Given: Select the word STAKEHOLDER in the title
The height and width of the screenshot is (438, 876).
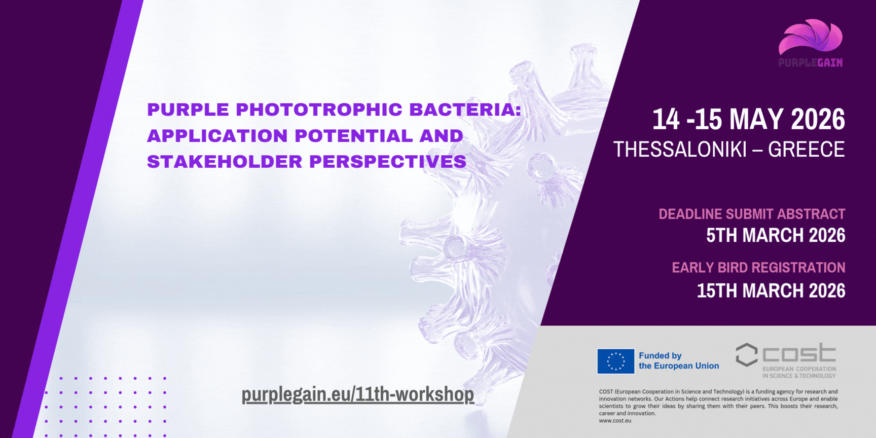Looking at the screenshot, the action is point(225,162).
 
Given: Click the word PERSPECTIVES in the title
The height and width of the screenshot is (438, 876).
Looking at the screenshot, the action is point(388,162).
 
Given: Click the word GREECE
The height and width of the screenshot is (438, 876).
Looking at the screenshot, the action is point(807,150).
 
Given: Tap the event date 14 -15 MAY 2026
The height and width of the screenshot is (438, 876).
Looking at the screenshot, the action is point(749,119).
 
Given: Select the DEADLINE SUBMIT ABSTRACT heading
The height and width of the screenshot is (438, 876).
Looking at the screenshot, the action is point(752,214).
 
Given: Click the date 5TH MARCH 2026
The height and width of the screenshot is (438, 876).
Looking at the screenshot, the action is point(776,235).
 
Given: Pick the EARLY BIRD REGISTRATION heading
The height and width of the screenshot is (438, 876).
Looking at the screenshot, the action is point(758,268).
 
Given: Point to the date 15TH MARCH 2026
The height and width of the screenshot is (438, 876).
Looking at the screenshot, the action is point(771,291).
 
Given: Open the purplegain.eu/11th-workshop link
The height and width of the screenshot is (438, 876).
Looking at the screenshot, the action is point(358,394).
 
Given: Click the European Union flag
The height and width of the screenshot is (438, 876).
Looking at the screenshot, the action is point(616,361).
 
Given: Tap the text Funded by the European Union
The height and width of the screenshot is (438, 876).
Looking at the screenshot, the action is point(679,361).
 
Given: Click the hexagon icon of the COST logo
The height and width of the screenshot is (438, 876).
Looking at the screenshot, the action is point(747,355).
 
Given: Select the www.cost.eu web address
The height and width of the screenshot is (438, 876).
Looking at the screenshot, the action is point(615,421).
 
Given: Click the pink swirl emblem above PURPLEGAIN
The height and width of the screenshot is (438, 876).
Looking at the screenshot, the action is point(810,36).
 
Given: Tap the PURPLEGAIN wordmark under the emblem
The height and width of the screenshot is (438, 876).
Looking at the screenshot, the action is point(811,63).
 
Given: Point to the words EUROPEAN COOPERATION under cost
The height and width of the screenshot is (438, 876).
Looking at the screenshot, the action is point(799,369).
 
